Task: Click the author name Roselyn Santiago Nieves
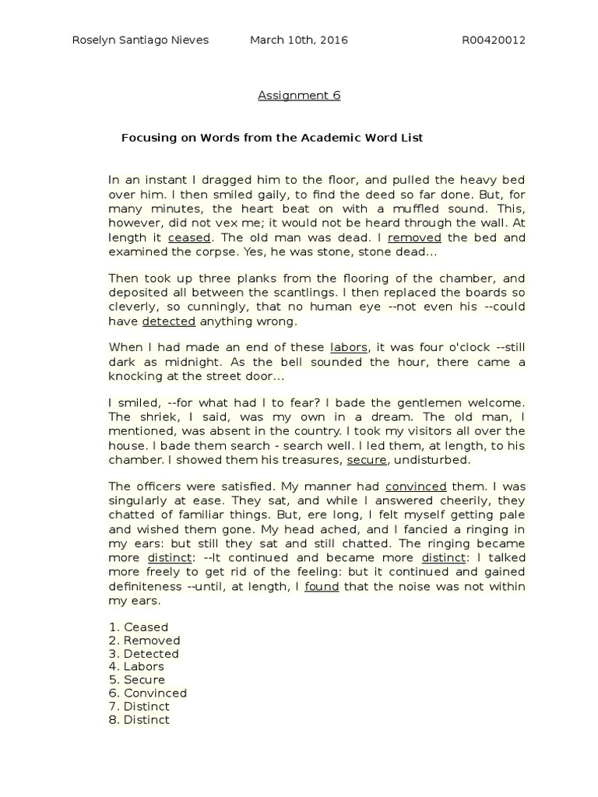tap(140, 40)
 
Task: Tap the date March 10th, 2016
tap(298, 40)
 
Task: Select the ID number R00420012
tap(494, 40)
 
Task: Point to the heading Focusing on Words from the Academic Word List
tap(272, 138)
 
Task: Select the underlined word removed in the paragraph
tap(414, 238)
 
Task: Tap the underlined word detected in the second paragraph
tap(169, 321)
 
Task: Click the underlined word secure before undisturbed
tap(367, 460)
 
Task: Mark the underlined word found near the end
tap(322, 586)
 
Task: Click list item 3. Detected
tap(144, 653)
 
